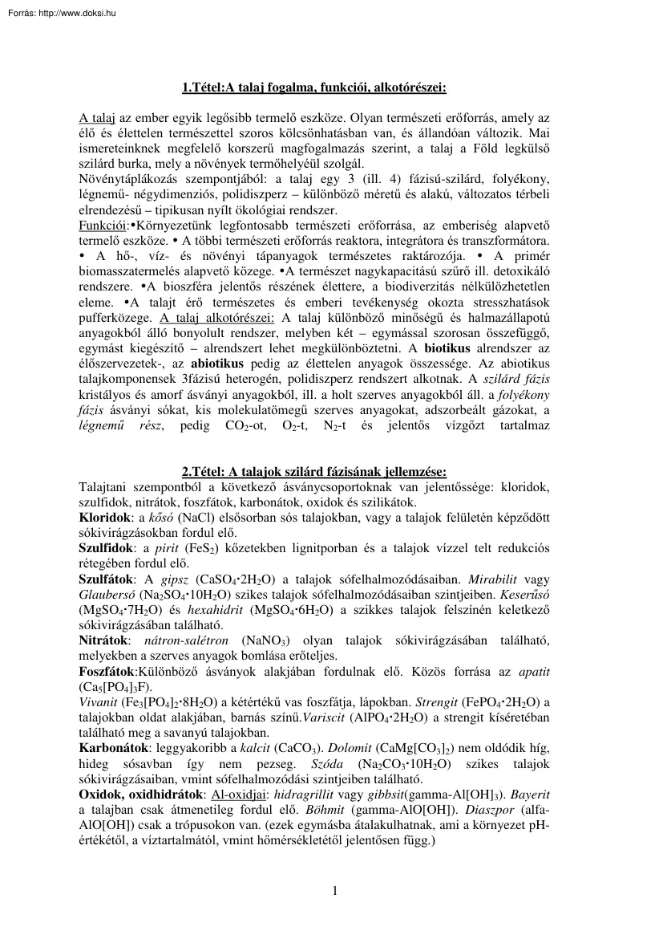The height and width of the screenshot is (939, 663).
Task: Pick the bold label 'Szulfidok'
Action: click(x=105, y=547)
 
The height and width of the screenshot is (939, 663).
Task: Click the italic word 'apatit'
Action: click(x=532, y=671)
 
